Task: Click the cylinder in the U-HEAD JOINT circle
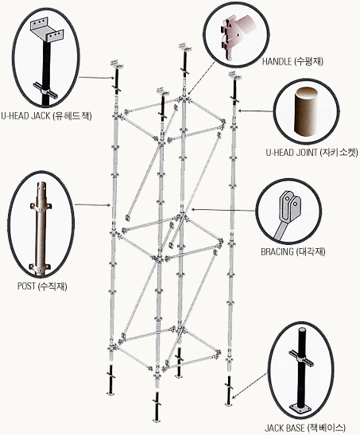[x=306, y=111]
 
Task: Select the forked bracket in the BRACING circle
[x=289, y=206]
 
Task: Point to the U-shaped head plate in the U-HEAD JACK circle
[x=46, y=30]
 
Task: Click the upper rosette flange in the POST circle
[x=41, y=207]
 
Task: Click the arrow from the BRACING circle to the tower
[x=223, y=210]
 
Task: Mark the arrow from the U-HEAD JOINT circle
[x=256, y=111]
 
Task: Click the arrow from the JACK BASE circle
[x=250, y=386]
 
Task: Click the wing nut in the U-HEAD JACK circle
[x=46, y=90]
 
